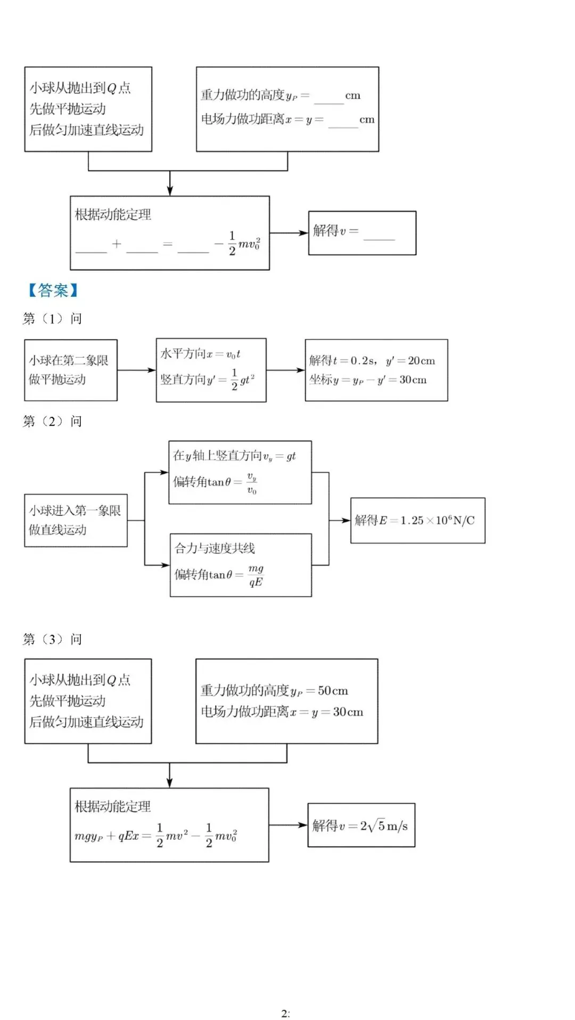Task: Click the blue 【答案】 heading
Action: (53, 290)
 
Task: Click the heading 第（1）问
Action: (52, 319)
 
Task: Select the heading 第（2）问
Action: (52, 422)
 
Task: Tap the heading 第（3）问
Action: (52, 639)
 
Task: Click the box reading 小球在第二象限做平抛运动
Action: (70, 370)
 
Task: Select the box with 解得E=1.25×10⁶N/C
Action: (417, 521)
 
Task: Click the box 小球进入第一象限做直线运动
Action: (76, 520)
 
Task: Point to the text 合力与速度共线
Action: (215, 548)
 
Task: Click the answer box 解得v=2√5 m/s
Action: (361, 825)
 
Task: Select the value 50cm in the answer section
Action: (333, 691)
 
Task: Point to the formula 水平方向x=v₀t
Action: (201, 354)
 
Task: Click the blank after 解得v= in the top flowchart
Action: (379, 234)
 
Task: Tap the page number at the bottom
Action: (285, 1013)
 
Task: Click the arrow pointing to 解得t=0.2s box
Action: (285, 370)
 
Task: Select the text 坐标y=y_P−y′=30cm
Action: (368, 380)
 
